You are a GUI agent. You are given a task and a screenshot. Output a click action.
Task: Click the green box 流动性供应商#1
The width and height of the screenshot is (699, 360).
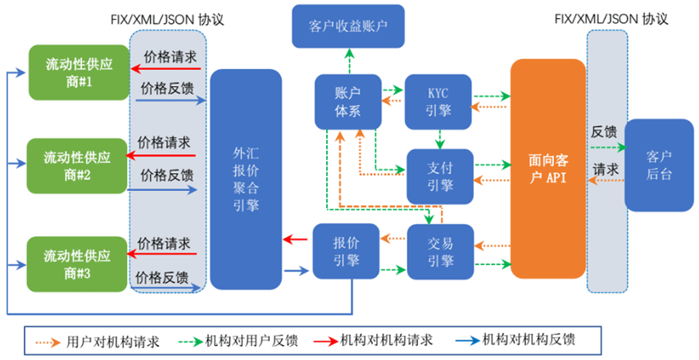[x=78, y=73]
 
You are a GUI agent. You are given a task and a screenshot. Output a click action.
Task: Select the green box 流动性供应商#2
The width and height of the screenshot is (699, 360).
[x=78, y=166]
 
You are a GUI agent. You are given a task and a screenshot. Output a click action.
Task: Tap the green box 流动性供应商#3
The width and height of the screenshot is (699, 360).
[x=78, y=262]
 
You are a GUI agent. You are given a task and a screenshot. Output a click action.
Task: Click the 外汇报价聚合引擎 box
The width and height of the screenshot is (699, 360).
[x=246, y=180]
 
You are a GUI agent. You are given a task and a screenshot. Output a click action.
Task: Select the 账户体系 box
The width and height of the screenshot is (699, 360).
[x=348, y=102]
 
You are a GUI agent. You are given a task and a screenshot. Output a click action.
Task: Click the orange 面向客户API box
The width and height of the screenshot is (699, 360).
[x=547, y=169]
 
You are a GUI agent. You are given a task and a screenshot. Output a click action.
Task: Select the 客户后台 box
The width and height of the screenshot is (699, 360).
[x=659, y=165]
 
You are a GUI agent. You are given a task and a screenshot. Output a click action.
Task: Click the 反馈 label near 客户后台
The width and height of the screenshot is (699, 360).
[x=604, y=132]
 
